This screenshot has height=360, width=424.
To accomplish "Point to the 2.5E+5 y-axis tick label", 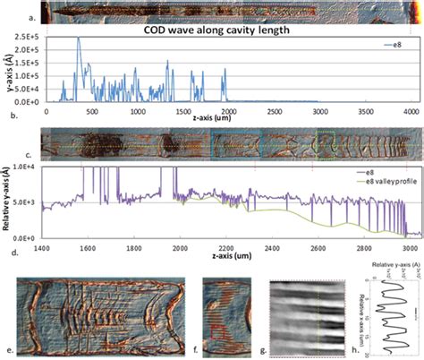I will point(25,39).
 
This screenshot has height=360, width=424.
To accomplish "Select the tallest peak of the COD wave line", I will point(78,39).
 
